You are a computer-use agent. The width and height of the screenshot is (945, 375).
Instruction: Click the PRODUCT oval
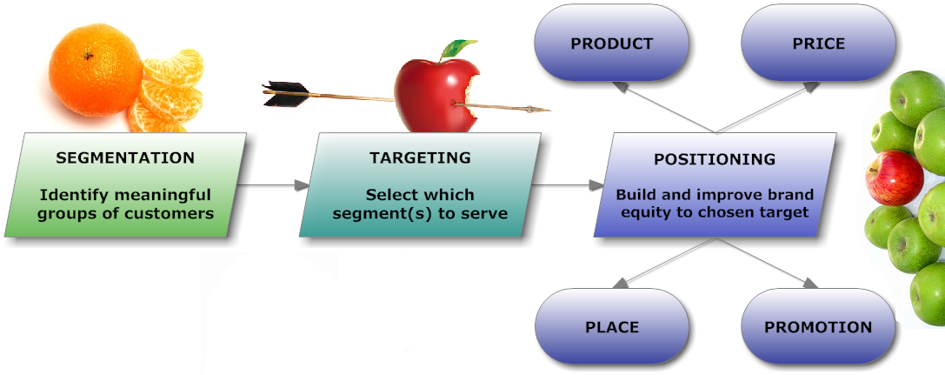pos(612,44)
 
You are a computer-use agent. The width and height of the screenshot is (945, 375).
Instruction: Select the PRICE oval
pos(818,44)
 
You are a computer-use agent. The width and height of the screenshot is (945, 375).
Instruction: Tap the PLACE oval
pos(612,327)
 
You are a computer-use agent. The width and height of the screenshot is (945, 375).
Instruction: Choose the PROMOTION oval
pos(818,327)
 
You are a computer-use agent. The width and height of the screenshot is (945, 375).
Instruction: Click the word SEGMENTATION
pos(125,158)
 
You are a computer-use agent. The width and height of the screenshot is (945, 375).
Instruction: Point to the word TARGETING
pos(420,158)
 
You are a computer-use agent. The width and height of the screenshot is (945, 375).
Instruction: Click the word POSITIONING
pos(715,159)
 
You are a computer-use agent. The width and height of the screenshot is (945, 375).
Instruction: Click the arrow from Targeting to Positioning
pos(569,185)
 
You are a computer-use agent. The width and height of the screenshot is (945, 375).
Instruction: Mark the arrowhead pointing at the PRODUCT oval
pos(620,88)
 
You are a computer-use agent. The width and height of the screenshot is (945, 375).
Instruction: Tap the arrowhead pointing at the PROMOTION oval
pos(809,282)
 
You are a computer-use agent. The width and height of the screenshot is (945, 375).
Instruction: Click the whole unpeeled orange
pos(96,70)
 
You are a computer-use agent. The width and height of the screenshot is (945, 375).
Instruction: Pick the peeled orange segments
pos(166,91)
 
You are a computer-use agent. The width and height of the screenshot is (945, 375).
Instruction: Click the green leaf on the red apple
pos(458,48)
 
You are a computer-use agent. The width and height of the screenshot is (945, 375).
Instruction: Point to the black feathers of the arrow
pos(286,94)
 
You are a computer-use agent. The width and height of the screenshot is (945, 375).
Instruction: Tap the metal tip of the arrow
pos(539,110)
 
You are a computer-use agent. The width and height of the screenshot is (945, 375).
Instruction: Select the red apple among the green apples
pos(895,177)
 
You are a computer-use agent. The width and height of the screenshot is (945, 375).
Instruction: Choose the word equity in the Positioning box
pos(643,212)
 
